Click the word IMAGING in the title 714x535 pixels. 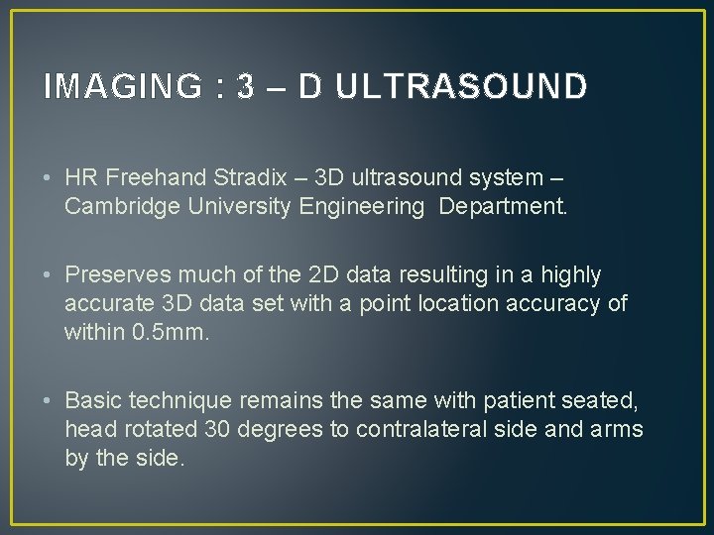[122, 87]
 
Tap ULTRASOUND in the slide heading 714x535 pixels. [460, 87]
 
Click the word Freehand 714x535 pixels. [159, 178]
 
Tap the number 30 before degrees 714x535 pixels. [217, 429]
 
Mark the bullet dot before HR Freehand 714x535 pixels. [49, 179]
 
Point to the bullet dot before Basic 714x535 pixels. [49, 401]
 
